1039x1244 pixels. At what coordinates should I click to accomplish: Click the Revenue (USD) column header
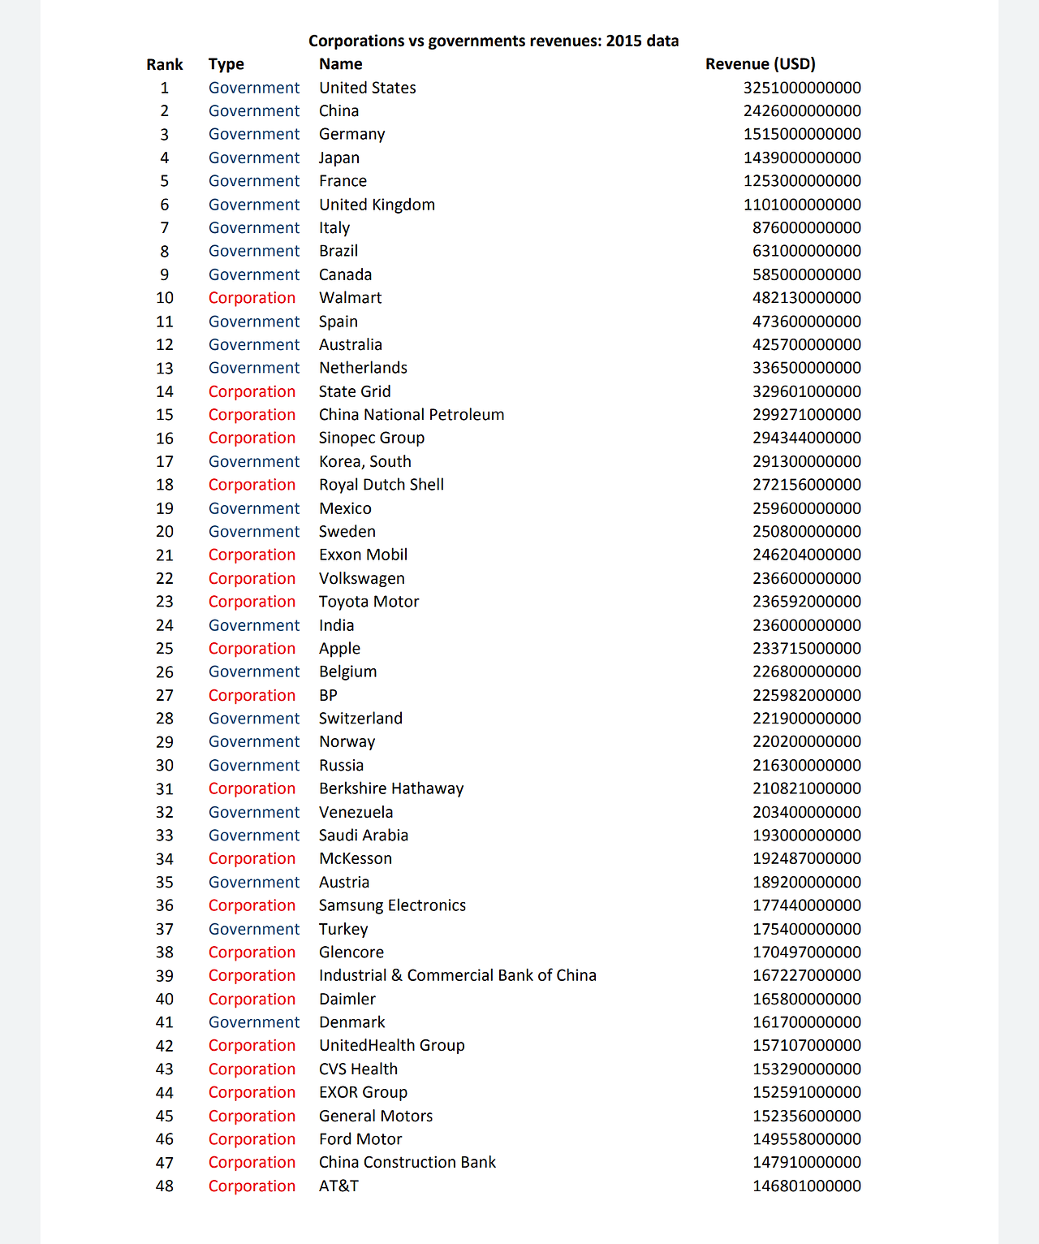(x=760, y=64)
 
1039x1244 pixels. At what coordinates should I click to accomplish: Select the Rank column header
(x=165, y=64)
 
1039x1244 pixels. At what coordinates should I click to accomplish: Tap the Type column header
(x=226, y=64)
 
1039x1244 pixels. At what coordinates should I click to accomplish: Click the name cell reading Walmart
(x=350, y=298)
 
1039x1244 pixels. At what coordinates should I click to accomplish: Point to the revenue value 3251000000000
(x=802, y=88)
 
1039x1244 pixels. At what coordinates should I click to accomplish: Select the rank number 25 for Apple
(x=165, y=649)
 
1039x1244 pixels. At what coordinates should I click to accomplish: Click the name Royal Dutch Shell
(x=381, y=485)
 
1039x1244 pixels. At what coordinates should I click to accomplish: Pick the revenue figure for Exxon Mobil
(x=807, y=555)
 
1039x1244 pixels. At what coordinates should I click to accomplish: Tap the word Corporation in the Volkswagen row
(x=252, y=578)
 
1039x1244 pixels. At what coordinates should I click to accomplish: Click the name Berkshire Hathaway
(x=390, y=788)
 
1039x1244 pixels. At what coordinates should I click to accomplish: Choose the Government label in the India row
(x=254, y=625)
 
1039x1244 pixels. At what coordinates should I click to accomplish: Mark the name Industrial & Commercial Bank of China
(x=457, y=975)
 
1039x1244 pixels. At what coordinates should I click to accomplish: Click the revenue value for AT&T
(x=807, y=1186)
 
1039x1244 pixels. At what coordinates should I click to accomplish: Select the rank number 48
(x=165, y=1186)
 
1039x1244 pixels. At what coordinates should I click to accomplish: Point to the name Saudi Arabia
(x=363, y=835)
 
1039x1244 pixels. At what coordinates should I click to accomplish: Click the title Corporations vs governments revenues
(x=494, y=41)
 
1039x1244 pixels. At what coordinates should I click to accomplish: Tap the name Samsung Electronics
(x=392, y=905)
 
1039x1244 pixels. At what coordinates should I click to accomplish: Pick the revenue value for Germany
(x=802, y=134)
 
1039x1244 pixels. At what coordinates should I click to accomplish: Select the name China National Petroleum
(x=411, y=414)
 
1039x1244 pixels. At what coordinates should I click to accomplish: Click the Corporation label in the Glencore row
(x=252, y=952)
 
